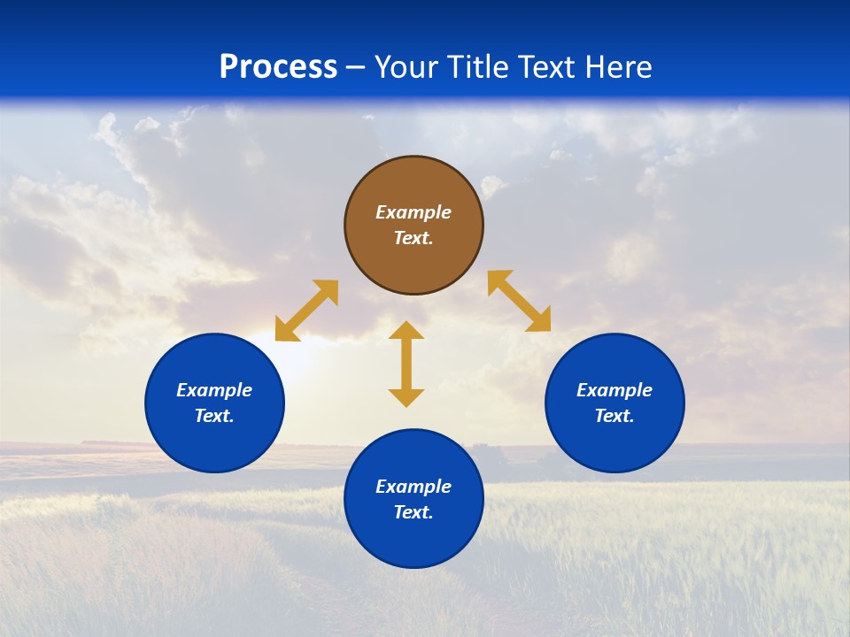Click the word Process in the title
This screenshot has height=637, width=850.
click(x=278, y=66)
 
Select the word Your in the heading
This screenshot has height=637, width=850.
click(x=409, y=66)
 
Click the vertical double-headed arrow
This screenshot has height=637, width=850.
click(x=406, y=364)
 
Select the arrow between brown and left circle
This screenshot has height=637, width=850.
click(x=306, y=311)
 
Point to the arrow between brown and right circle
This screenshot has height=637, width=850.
click(x=520, y=301)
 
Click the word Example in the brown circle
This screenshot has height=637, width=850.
click(x=413, y=212)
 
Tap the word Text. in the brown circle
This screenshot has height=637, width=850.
click(x=413, y=238)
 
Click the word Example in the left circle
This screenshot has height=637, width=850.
click(x=214, y=390)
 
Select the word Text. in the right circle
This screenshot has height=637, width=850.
click(x=614, y=416)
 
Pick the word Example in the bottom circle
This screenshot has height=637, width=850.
click(x=413, y=487)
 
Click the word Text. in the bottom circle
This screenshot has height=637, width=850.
click(x=413, y=512)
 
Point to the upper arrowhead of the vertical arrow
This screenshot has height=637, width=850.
click(x=406, y=330)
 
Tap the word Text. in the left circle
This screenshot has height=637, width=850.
click(x=214, y=416)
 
